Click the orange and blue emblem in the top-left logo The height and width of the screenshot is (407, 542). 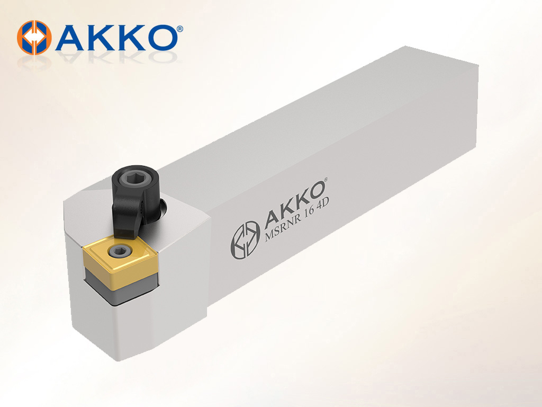coord(34,38)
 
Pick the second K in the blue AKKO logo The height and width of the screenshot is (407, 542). coord(133,38)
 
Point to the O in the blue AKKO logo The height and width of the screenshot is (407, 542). coord(162,38)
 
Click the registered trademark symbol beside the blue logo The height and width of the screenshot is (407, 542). coord(180,29)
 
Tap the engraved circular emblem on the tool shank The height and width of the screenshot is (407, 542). coord(245,240)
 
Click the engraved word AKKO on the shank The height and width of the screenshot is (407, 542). coord(294,205)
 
